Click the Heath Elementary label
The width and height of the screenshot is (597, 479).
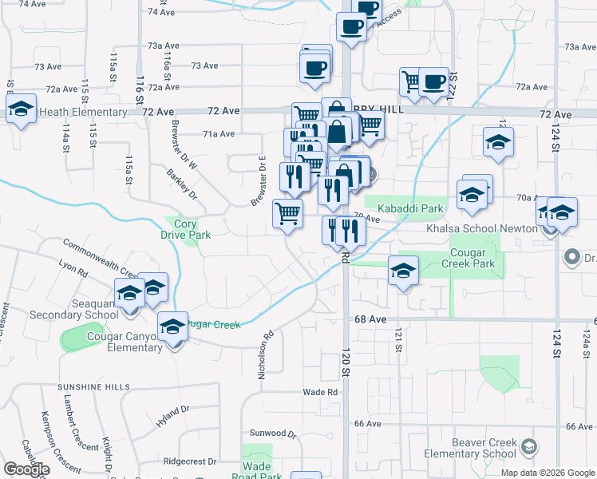tap(82, 113)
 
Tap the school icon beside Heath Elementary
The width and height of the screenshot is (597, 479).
tap(21, 109)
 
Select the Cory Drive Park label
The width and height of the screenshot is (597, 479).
tap(185, 230)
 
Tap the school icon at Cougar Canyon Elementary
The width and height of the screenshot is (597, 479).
tap(172, 327)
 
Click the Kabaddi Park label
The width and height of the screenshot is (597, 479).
tap(409, 209)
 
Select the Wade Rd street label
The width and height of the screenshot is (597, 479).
tap(320, 392)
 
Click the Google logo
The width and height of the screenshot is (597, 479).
tap(26, 469)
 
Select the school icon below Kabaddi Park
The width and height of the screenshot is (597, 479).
tap(404, 271)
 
